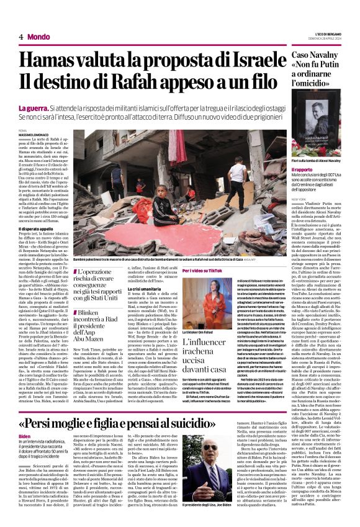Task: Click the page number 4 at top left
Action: [x=21, y=37]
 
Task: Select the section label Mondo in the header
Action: [x=38, y=37]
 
